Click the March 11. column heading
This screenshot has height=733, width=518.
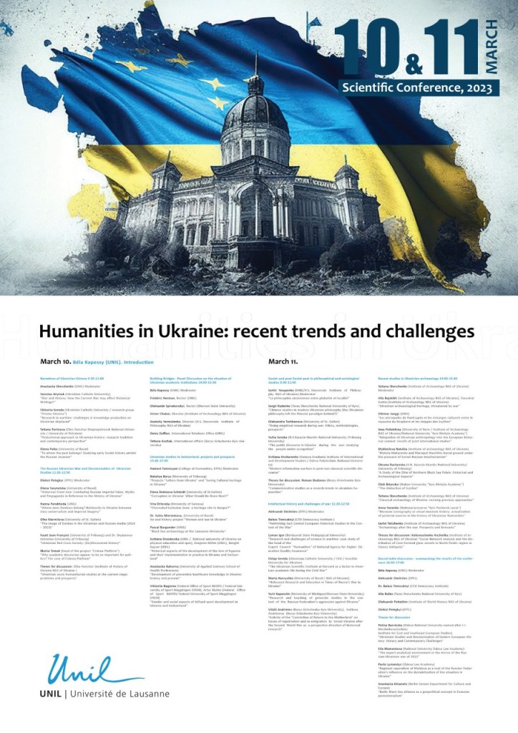(283, 362)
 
